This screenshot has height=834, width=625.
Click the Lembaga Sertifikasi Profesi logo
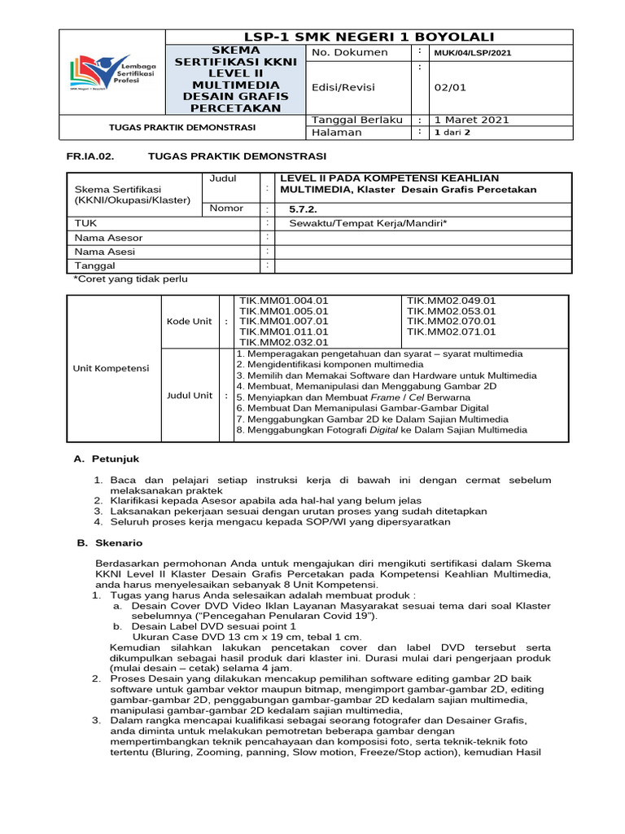[x=113, y=74]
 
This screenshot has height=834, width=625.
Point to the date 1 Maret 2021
[x=471, y=120]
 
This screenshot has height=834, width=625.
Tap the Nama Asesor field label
[x=108, y=237]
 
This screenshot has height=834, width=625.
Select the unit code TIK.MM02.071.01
[x=451, y=331]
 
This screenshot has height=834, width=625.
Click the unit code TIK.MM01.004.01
[x=284, y=301]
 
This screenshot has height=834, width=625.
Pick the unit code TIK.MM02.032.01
[x=284, y=342]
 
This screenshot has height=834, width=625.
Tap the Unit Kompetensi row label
[x=111, y=368]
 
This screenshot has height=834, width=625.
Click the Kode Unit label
[x=189, y=321]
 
